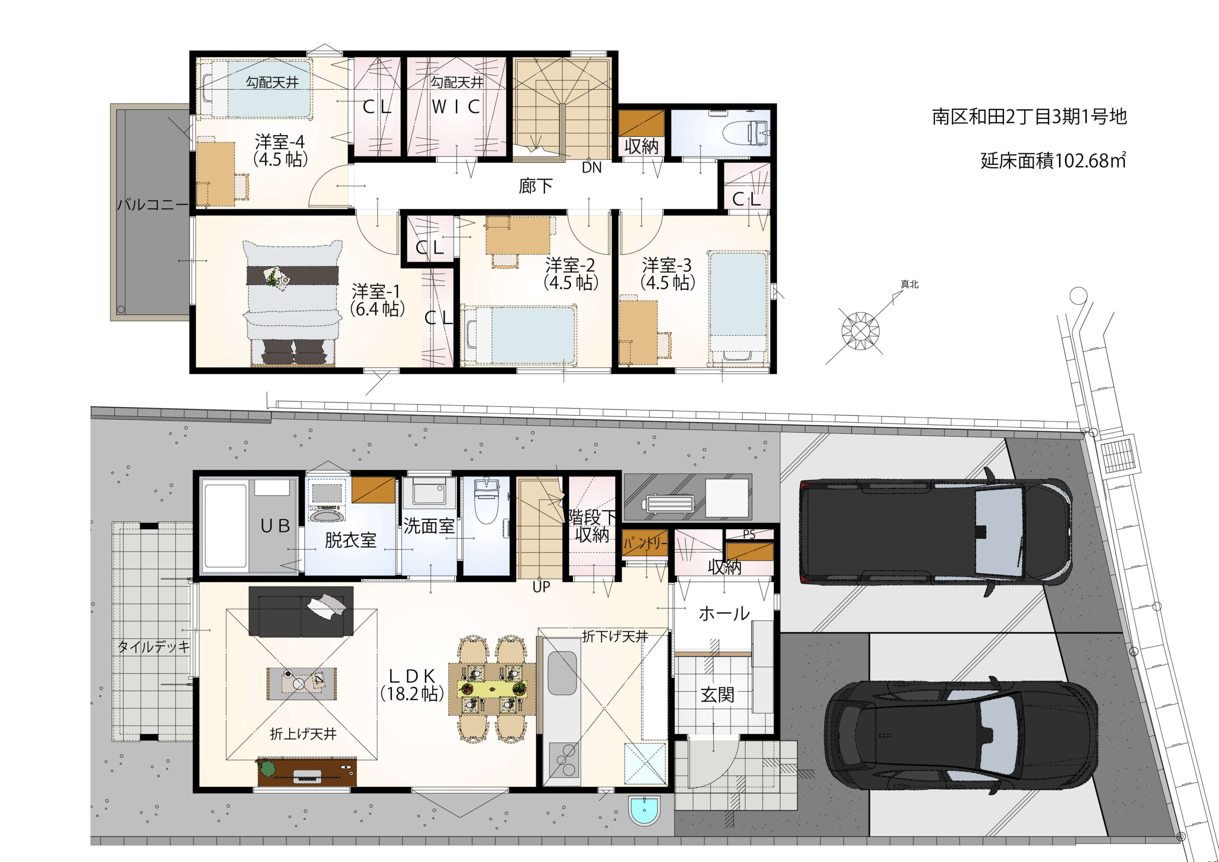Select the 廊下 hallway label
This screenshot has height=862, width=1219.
(535, 186)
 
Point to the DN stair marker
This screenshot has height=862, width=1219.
(591, 167)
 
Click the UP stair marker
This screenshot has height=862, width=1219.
(541, 587)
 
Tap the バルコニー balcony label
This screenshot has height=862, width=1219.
(152, 204)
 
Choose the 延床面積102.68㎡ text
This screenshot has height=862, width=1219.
(1053, 160)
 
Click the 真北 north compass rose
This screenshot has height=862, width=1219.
(860, 331)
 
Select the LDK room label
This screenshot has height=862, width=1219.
(412, 685)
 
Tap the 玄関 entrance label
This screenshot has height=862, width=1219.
(717, 694)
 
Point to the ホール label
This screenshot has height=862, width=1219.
(724, 614)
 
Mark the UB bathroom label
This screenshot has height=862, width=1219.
(275, 526)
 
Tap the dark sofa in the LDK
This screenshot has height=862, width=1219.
(301, 611)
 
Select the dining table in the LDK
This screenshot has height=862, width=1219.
(492, 689)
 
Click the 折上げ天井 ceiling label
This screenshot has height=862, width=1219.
(303, 734)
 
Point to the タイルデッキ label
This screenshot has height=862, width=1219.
(153, 646)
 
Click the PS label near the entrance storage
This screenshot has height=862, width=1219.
(749, 534)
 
